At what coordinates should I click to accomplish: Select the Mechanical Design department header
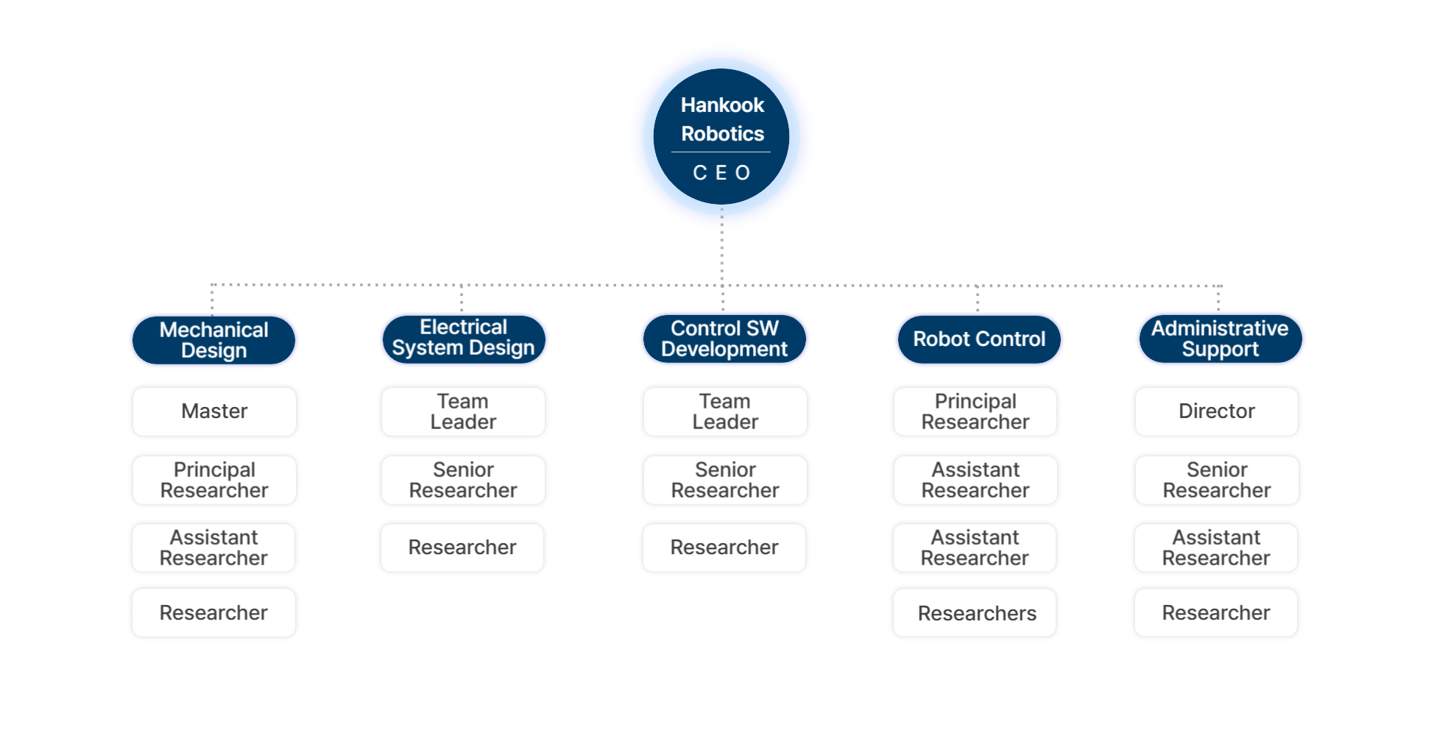214,340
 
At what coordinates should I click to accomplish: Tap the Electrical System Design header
464,338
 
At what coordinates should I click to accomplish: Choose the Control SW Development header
724,339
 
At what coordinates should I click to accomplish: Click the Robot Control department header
979,339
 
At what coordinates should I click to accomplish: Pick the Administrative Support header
1220,339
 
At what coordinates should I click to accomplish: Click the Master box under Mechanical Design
214,411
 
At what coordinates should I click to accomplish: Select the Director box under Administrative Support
1216,411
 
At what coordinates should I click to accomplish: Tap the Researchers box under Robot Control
975,613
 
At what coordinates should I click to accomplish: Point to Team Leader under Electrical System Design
463,411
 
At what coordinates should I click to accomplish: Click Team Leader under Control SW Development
725,411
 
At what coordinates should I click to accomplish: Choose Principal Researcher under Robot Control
975,411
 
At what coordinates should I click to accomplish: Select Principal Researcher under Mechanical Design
214,480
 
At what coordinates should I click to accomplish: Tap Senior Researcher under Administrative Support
1217,480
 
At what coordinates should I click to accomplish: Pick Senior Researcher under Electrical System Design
463,480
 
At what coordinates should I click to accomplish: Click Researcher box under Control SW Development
724,548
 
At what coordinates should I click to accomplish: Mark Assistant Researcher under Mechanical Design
213,548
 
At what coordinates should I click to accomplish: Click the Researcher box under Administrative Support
1216,613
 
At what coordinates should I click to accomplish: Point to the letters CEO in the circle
721,173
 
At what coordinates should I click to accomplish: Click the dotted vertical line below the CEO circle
721,258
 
